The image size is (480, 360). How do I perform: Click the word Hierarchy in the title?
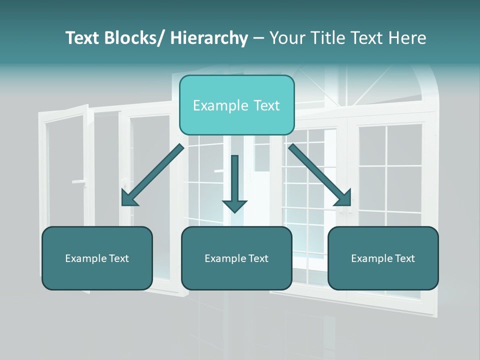(208, 38)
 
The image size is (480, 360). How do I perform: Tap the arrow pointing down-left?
(155, 173)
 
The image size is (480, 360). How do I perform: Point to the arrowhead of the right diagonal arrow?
(344, 198)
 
